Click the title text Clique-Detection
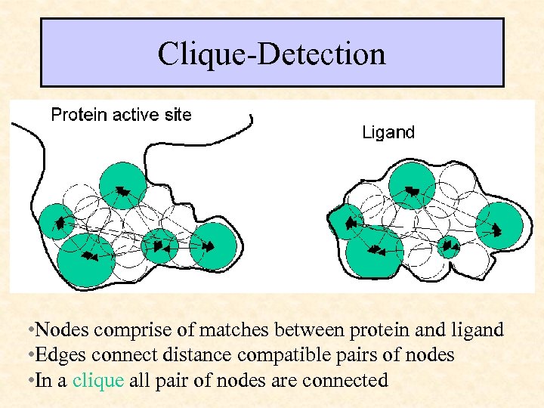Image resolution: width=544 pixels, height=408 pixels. (x=271, y=54)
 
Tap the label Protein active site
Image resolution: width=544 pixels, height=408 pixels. (x=121, y=115)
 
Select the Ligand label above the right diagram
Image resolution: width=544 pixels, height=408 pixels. (x=388, y=133)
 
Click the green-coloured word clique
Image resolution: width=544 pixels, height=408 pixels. (x=97, y=380)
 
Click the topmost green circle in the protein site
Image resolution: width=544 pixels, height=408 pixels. (x=122, y=186)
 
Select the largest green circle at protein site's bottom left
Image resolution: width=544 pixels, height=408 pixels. (x=85, y=259)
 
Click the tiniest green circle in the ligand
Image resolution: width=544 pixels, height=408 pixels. (x=449, y=246)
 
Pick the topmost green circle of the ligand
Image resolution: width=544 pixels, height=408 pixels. (x=412, y=186)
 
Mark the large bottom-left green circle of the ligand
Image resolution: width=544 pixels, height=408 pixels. (x=374, y=250)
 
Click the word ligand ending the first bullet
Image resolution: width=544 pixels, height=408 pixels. (x=478, y=329)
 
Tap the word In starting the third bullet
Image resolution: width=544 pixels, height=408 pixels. (x=44, y=380)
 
